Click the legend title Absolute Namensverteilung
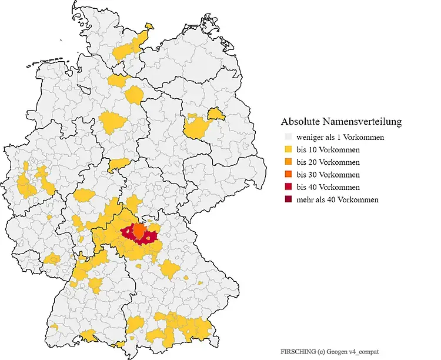[x=342, y=122]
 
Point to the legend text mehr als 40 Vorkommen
[x=338, y=199]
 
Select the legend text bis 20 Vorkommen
[x=328, y=162]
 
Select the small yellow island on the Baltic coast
[x=149, y=26]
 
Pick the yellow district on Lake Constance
[x=89, y=336]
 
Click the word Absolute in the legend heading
[x=302, y=122]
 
